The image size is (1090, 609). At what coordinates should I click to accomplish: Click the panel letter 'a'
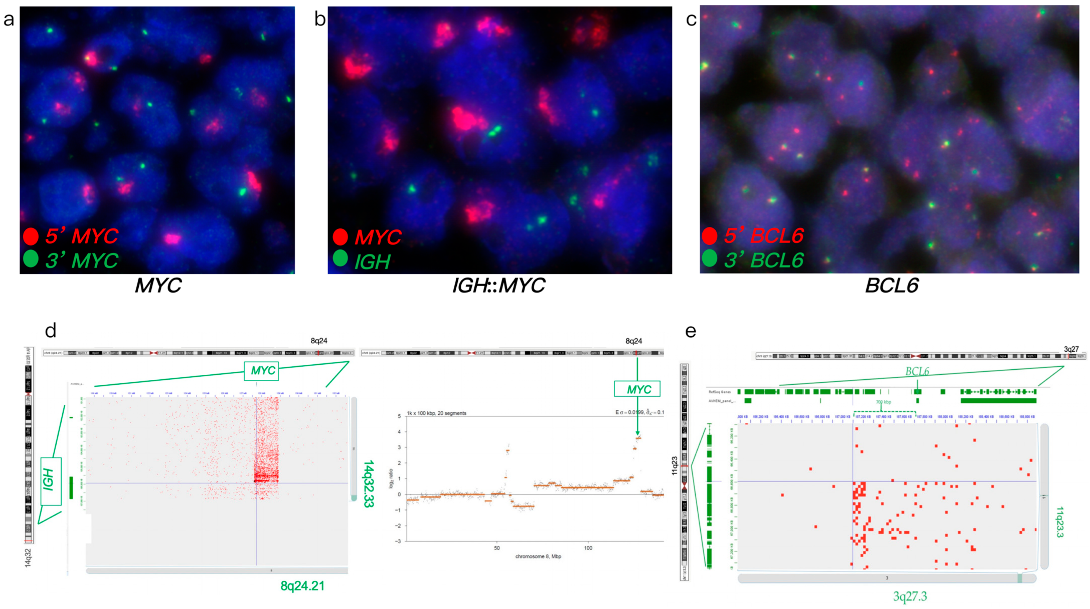click(9, 19)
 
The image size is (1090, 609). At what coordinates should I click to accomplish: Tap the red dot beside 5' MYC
click(31, 236)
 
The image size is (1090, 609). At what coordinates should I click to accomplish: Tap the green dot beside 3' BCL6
click(709, 259)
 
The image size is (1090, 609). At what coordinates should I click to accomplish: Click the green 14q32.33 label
click(368, 483)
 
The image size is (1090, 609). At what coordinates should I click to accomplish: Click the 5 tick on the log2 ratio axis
click(399, 417)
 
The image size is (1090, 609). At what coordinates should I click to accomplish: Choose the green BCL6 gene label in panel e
click(917, 372)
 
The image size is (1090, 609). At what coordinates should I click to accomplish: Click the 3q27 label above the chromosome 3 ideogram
click(1071, 349)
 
